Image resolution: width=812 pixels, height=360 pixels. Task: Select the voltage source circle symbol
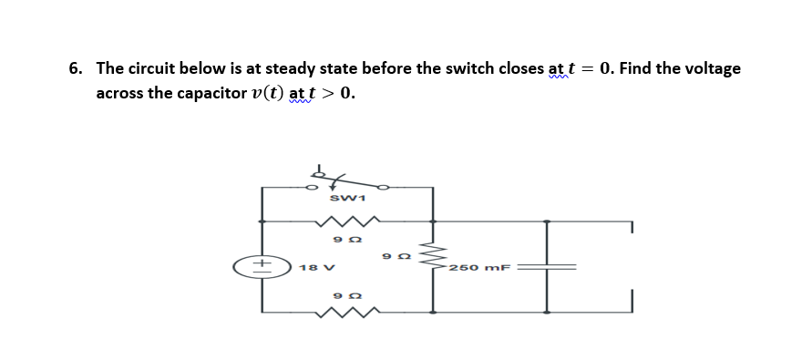coord(262,267)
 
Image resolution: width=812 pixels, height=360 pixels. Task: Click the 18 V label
coord(308,268)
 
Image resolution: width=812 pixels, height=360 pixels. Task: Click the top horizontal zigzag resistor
coord(345,221)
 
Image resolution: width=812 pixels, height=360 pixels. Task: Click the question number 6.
coord(75,69)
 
